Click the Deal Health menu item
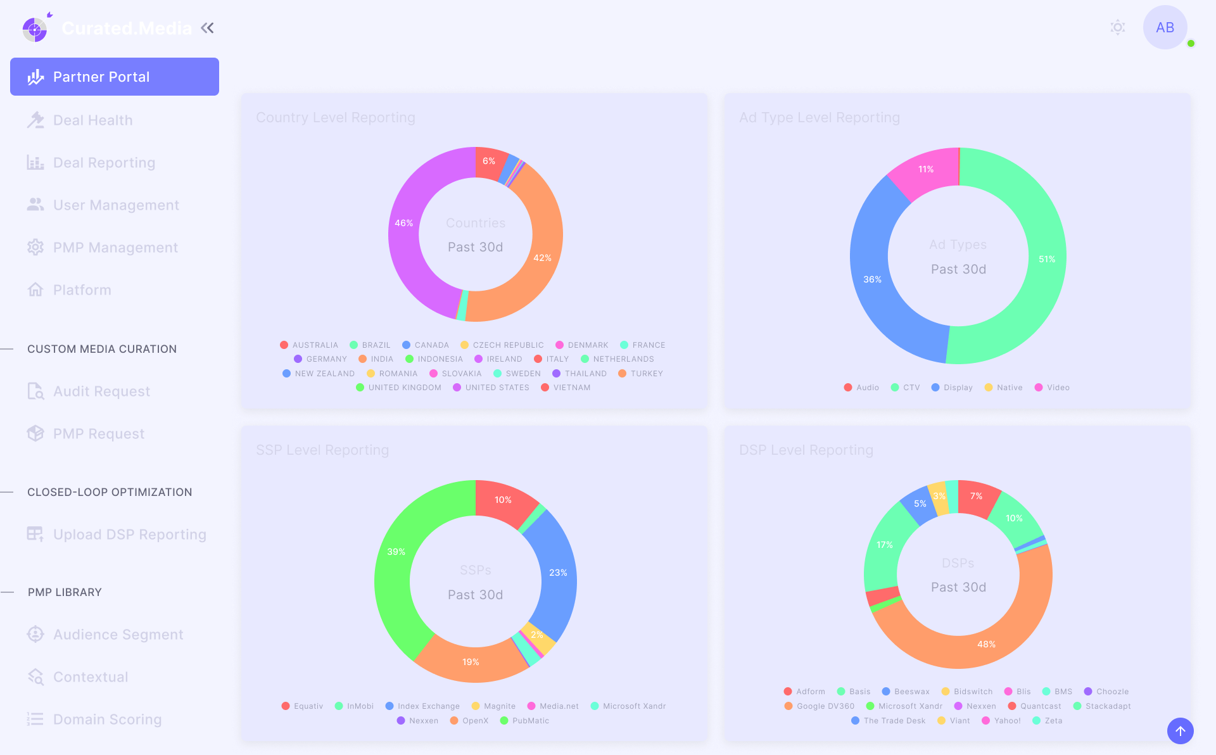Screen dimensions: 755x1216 92,120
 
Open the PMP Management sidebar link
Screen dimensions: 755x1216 115,248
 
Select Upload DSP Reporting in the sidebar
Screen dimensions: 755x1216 129,535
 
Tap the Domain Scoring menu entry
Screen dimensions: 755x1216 107,720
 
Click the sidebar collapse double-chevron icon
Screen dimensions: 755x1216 207,28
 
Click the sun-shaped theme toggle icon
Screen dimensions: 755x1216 1118,27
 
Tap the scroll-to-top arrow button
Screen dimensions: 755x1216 1181,731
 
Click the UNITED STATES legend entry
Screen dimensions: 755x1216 497,388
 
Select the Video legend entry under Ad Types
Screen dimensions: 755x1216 1058,388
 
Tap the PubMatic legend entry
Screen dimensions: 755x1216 530,721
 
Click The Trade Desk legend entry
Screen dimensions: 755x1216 894,721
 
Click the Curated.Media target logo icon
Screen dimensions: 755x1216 35,29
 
